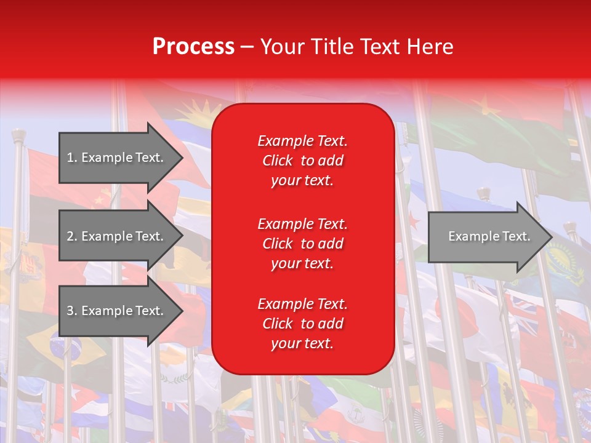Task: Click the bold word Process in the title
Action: [x=193, y=47]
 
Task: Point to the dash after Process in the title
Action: [x=247, y=47]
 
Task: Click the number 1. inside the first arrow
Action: [x=72, y=158]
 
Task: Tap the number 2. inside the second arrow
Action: [x=72, y=236]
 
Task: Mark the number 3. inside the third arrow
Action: [x=72, y=311]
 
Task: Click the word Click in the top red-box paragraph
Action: [x=277, y=161]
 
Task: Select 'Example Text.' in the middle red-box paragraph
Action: [x=302, y=224]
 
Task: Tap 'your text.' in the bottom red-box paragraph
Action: [x=302, y=343]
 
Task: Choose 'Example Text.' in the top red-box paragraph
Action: [x=302, y=141]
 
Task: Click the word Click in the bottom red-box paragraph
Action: [x=277, y=324]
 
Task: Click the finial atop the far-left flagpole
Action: [x=18, y=134]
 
